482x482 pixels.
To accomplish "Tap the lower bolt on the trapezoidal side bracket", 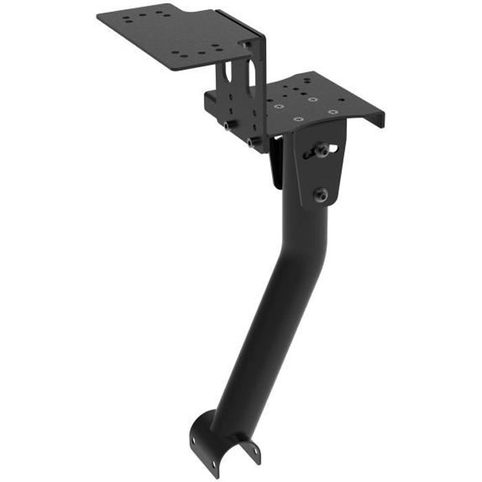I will pos(321,194).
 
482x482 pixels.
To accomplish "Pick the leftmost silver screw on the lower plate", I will pos(277,107).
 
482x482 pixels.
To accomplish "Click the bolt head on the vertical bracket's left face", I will pos(227,125).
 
